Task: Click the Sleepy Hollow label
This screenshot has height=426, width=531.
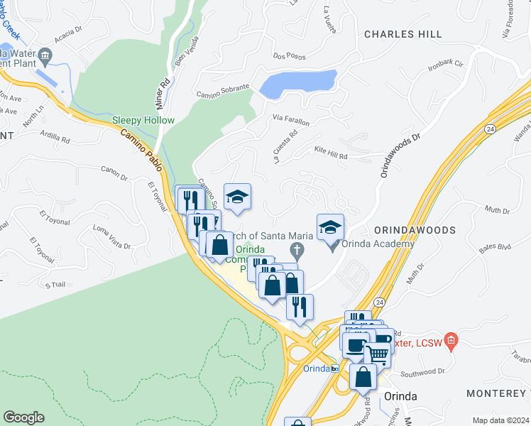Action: point(143,120)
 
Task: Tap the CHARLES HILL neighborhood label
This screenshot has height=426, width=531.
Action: point(403,34)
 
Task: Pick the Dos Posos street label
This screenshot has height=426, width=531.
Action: point(288,56)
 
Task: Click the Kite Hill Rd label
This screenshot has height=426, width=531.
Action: point(331,152)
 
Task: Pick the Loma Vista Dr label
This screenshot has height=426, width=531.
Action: point(112,239)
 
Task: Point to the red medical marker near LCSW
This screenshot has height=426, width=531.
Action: point(449,339)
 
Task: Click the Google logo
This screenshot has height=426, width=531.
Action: point(23,417)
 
